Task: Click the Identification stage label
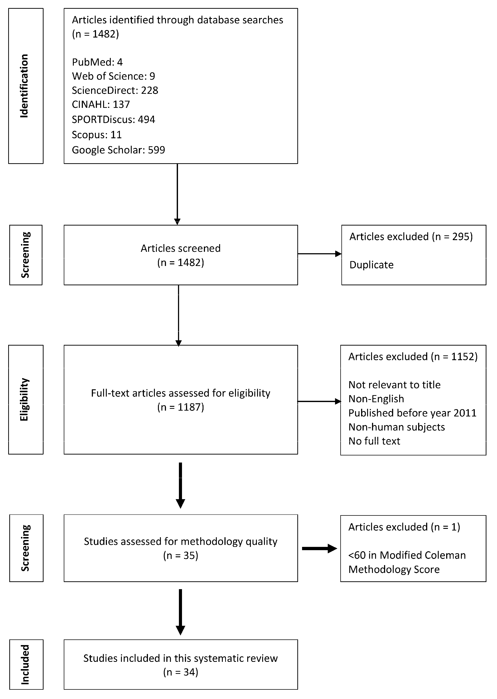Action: click(24, 86)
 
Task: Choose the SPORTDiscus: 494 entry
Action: click(113, 119)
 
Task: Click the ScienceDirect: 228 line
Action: click(115, 91)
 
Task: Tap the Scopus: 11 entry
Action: click(97, 135)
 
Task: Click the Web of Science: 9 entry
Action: click(113, 76)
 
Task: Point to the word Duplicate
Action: click(371, 265)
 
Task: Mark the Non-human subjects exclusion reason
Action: click(396, 427)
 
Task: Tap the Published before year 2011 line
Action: click(412, 413)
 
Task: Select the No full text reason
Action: click(374, 441)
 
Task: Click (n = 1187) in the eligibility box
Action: click(181, 407)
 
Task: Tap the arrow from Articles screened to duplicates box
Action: click(319, 254)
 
